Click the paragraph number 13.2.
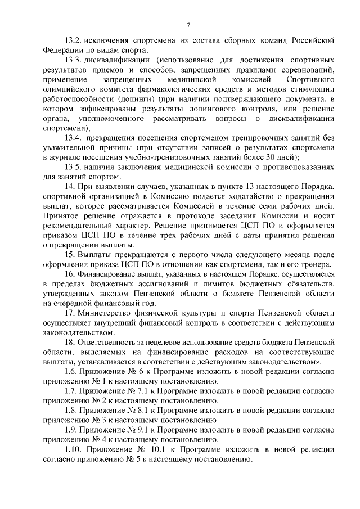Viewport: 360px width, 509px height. [x=74, y=40]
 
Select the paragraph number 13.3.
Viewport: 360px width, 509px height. [x=74, y=60]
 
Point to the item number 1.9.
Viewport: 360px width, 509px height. [x=70, y=430]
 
